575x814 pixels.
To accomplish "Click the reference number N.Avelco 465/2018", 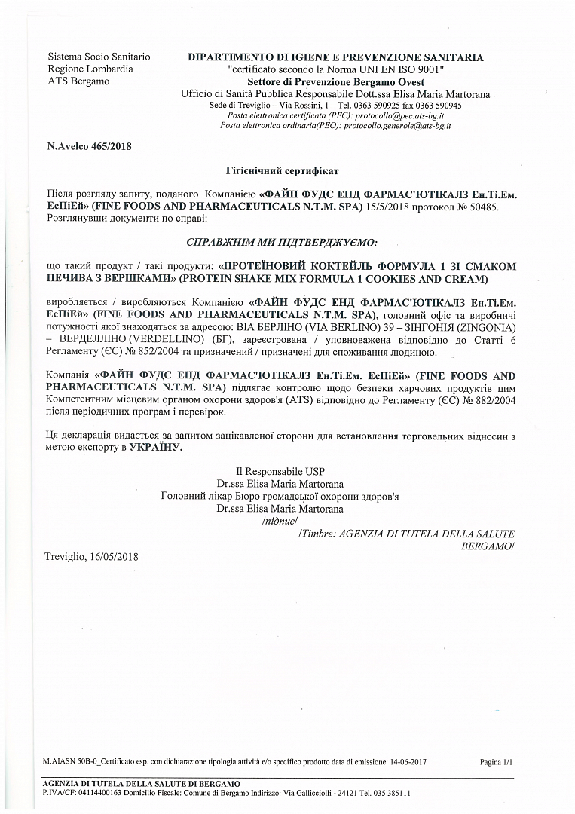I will tap(89, 146).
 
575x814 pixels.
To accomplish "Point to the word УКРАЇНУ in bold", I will tap(156, 448).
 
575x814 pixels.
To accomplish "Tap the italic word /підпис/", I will tap(280, 520).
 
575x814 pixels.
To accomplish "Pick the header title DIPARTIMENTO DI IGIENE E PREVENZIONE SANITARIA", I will tap(335, 57).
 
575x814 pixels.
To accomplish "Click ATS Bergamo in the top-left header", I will tap(78, 81).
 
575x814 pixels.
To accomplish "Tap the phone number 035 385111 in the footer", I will tap(390, 793).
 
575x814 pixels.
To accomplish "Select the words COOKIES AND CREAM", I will tap(435, 280).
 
